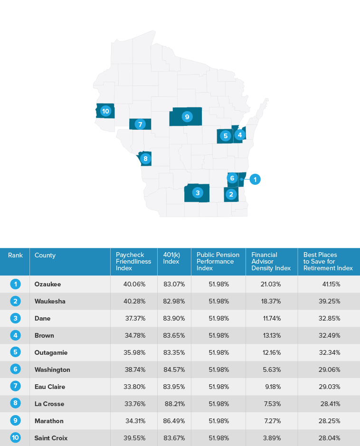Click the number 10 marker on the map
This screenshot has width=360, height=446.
[105, 111]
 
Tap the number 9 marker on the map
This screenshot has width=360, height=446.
[187, 116]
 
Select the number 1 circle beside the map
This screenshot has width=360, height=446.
[255, 180]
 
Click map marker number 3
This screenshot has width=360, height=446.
[197, 192]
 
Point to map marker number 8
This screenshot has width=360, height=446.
[145, 158]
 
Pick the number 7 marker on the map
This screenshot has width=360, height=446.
[140, 124]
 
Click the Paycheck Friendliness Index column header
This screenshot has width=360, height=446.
[133, 262]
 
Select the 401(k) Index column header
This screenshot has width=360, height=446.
[171, 258]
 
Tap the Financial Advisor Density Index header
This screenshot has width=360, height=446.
[271, 262]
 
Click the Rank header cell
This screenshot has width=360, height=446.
[15, 256]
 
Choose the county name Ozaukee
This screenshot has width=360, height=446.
[47, 284]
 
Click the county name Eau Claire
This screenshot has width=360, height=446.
[50, 387]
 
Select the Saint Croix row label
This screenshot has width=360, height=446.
[51, 438]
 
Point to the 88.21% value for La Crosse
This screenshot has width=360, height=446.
[174, 404]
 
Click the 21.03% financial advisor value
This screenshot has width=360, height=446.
[271, 284]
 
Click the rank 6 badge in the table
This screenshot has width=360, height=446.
[15, 370]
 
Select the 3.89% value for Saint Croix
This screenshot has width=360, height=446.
[273, 438]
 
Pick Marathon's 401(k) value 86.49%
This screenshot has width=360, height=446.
[174, 421]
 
